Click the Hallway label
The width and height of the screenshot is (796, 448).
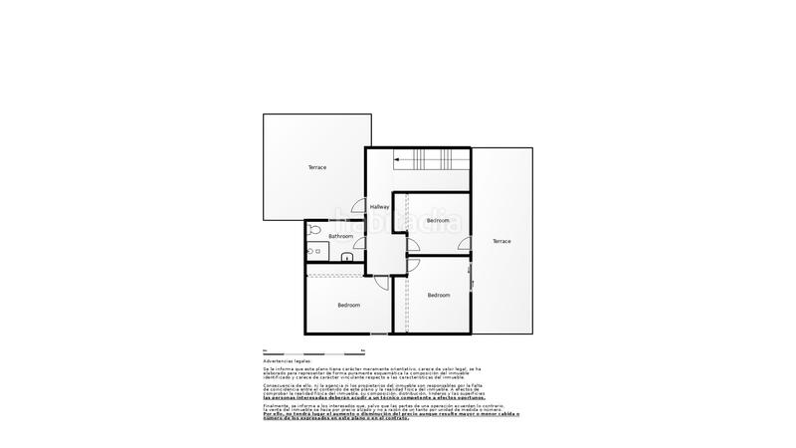379,207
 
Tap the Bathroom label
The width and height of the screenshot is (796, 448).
327,236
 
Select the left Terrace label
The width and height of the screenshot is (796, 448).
317,167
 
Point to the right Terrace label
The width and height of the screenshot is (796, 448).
500,242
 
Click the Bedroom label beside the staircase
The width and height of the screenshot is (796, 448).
438,220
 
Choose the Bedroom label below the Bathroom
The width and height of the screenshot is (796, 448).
348,305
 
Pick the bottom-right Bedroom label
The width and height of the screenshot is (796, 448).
439,295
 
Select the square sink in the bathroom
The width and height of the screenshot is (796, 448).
346,258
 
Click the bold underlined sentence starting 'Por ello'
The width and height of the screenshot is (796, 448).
379,414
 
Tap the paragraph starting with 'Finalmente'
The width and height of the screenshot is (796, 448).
378,407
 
